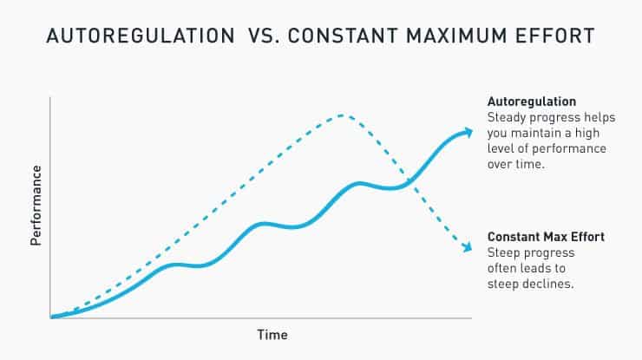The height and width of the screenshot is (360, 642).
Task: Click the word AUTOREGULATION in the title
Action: point(133,37)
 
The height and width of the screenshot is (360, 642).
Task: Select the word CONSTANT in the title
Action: point(344,37)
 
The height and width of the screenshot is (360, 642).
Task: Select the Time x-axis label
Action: point(272,334)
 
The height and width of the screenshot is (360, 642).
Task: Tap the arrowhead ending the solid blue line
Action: point(469,132)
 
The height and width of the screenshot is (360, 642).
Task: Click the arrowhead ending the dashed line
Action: point(468,249)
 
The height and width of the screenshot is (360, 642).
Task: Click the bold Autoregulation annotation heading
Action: point(532,101)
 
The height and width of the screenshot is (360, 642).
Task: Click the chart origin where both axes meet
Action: point(50,318)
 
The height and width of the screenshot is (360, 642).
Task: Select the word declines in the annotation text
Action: point(550,283)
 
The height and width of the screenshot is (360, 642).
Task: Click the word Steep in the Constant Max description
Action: point(504,252)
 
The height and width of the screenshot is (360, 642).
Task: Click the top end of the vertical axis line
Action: point(50,97)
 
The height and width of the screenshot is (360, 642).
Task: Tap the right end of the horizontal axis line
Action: point(472,318)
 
